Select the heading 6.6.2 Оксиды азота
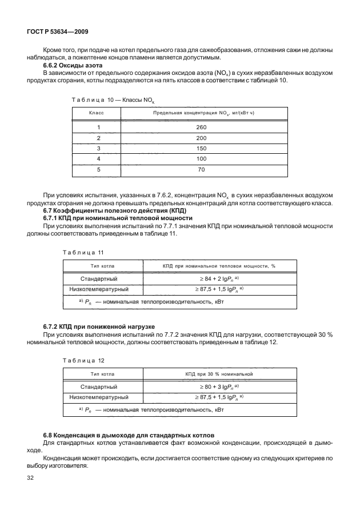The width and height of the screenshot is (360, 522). [x=70, y=65]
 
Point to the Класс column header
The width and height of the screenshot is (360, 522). [x=98, y=113]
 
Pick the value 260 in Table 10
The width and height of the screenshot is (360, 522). [x=201, y=127]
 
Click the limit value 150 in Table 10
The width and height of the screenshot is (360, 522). [x=201, y=148]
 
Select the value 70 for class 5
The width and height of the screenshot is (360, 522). [x=201, y=169]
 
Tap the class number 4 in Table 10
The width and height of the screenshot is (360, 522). [x=98, y=159]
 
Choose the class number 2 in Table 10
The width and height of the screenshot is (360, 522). [x=98, y=138]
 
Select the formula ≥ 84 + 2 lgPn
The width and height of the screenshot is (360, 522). [x=218, y=278]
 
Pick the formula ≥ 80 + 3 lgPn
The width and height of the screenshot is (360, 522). [x=218, y=386]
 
